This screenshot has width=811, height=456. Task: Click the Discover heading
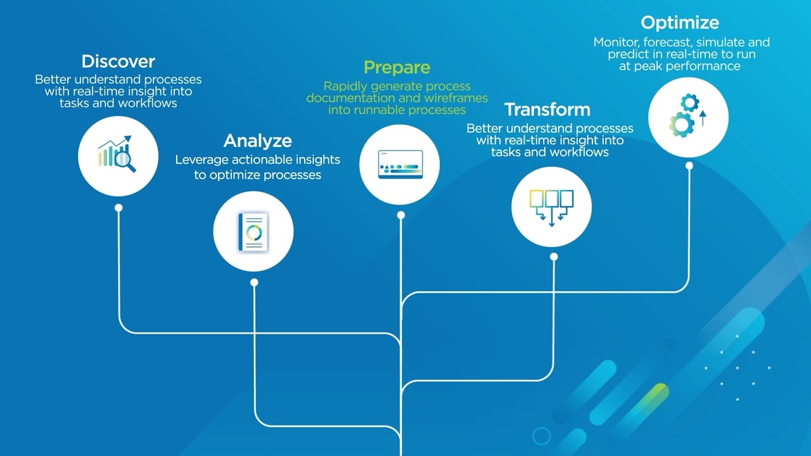point(118,61)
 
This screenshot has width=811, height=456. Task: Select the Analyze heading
point(257,141)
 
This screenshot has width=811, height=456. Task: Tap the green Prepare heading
point(397,68)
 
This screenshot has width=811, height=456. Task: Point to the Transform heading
point(547,110)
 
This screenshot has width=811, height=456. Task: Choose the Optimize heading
point(680,23)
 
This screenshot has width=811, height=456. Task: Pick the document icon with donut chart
point(253,232)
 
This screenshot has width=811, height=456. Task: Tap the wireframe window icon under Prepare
point(400,165)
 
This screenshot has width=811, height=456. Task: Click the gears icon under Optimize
point(688,117)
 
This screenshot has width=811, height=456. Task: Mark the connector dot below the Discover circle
point(118,208)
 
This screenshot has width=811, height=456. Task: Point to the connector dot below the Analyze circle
point(254,282)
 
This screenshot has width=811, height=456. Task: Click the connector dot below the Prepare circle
point(400,215)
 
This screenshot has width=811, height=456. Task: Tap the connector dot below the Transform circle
point(554,256)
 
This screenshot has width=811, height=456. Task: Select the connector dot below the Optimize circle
point(689,165)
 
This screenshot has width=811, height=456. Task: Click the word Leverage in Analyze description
point(201,160)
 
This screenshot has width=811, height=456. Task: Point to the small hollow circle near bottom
point(541,436)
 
